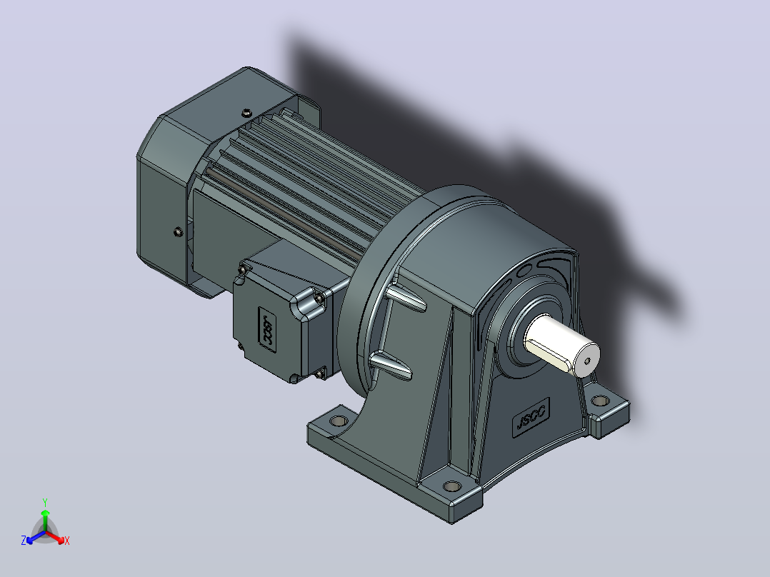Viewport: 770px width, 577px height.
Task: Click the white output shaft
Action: [562, 345]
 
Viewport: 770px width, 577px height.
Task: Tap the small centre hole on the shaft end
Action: [587, 361]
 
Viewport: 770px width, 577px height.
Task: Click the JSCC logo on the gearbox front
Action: [531, 417]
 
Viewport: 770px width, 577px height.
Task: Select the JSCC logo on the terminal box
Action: [267, 329]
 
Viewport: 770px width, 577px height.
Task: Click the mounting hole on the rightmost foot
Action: [600, 401]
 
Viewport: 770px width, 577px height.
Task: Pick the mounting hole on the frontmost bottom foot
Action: [451, 486]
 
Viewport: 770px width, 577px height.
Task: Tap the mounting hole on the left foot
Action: [339, 421]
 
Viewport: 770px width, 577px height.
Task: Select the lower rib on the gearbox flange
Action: [391, 366]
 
